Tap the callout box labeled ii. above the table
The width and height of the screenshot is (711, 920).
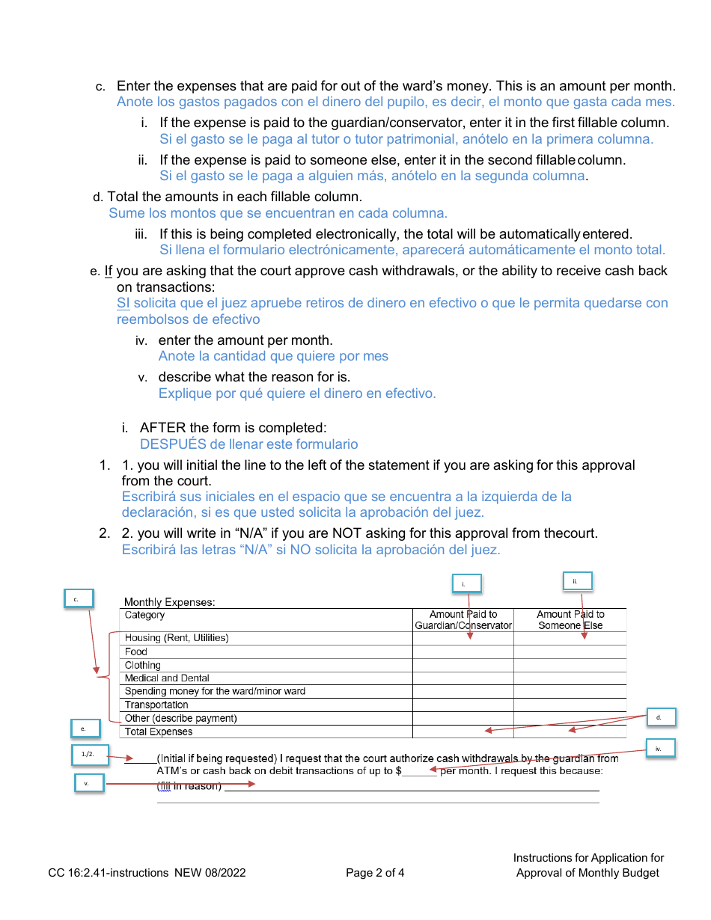point(577,581)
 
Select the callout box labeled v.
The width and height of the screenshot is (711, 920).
point(88,783)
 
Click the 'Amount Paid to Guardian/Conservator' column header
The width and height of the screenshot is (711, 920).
point(463,620)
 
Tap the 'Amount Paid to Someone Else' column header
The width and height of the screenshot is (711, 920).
point(570,620)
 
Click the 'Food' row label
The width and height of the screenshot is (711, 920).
point(136,652)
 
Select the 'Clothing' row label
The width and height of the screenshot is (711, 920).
point(143,665)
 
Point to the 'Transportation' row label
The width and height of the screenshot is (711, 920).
point(156,705)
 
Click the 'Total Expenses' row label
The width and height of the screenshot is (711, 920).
point(159,732)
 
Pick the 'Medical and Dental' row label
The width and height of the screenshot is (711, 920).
point(167,678)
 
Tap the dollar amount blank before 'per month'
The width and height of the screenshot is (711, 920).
point(420,771)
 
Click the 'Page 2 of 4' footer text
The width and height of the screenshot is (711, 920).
point(375,873)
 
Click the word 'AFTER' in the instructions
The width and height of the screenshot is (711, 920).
point(162,428)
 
